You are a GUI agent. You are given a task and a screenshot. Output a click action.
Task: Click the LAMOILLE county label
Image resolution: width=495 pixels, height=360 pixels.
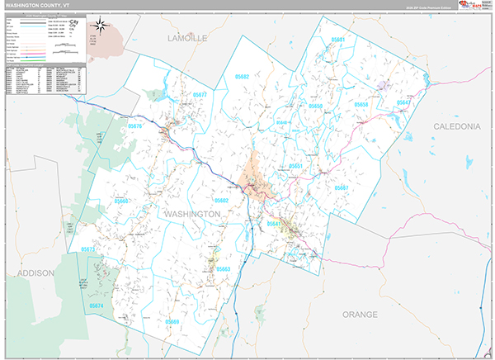187,39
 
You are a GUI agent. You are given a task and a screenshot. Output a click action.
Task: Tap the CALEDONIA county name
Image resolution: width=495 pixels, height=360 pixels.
456,126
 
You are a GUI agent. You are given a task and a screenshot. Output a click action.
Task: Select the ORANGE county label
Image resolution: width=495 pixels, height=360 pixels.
361,314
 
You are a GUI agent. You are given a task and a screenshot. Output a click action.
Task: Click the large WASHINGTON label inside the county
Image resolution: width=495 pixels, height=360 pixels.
192,214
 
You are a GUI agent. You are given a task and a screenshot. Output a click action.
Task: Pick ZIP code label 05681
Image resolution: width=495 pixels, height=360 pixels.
338,40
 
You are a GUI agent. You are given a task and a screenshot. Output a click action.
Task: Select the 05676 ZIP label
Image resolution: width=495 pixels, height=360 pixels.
136,126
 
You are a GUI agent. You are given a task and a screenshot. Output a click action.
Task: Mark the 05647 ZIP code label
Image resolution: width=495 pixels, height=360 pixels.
403,103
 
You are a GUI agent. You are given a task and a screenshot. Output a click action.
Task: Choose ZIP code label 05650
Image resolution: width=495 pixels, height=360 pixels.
315,107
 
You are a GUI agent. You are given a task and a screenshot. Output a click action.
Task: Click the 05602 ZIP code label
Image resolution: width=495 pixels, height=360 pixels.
221,201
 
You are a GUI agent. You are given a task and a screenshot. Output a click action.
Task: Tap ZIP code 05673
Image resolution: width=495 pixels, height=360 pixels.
88,249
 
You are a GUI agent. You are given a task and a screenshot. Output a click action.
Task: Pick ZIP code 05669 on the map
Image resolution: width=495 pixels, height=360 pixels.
172,321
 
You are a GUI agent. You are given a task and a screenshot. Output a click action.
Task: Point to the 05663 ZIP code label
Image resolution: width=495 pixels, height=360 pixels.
223,270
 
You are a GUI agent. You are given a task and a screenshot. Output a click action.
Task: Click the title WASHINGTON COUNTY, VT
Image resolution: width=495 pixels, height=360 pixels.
36,4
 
